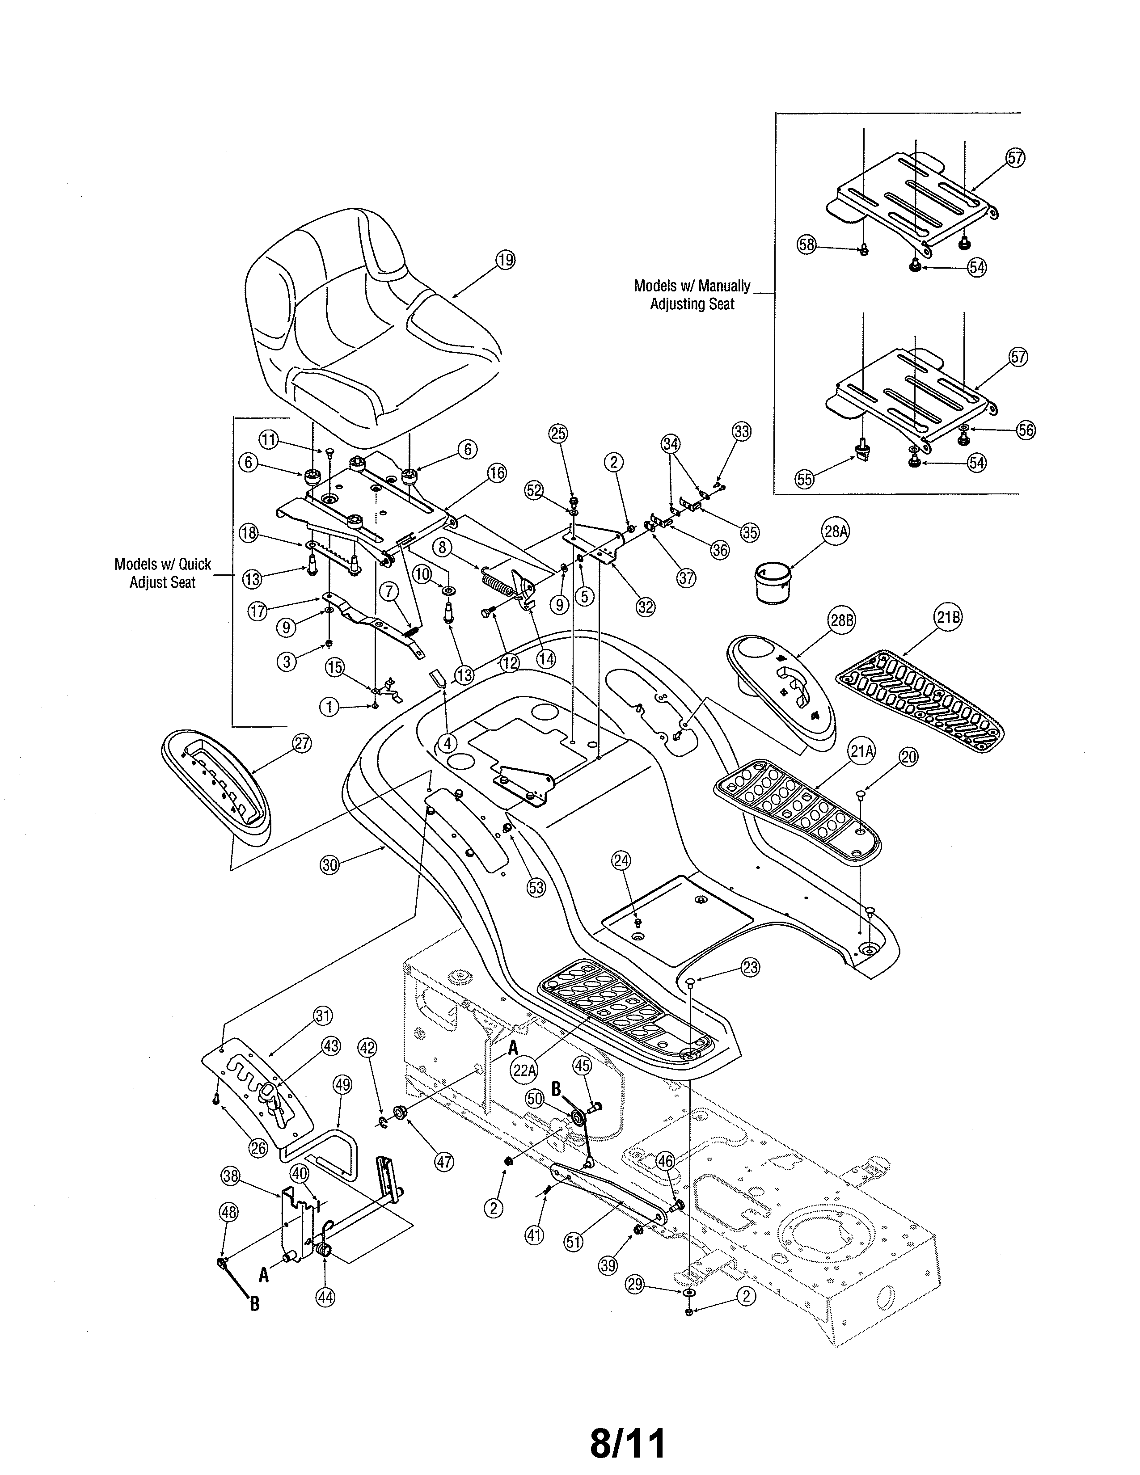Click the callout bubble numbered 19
pos(505,260)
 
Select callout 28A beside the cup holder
pos(836,531)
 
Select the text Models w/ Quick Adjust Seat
pos(162,573)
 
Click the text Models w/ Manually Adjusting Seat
pos(692,295)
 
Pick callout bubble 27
pos(302,744)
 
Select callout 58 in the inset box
pos(807,244)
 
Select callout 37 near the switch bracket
pos(686,578)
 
